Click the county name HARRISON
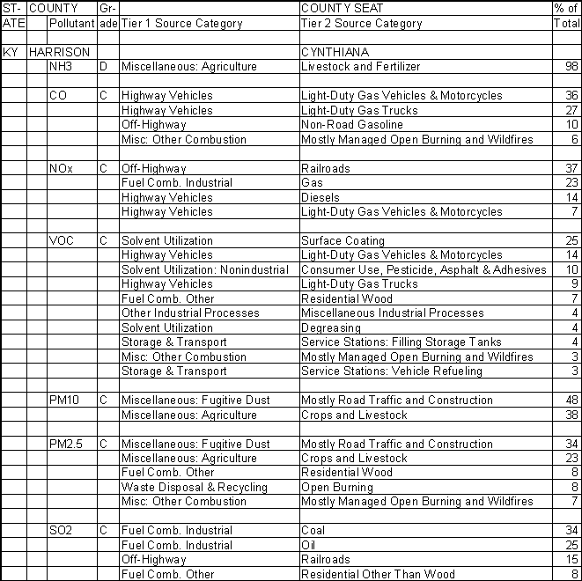[58, 52]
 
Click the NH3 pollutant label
[61, 66]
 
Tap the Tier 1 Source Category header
[181, 24]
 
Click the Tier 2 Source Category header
[361, 24]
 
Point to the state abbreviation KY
[11, 52]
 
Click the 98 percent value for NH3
[571, 67]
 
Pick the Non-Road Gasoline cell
[351, 125]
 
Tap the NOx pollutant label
[61, 168]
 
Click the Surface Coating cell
[343, 240]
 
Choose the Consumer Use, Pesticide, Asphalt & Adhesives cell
[424, 269]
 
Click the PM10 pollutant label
[64, 400]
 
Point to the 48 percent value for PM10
[571, 401]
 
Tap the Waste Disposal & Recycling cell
[194, 487]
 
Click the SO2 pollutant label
[61, 531]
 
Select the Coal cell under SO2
[313, 531]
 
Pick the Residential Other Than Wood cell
[378, 574]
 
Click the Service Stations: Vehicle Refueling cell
[392, 371]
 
